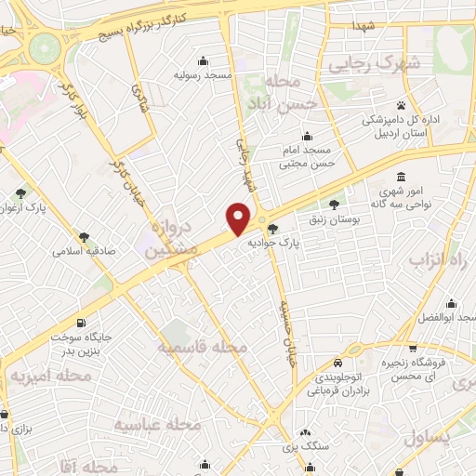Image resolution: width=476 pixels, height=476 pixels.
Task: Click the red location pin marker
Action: point(240,218)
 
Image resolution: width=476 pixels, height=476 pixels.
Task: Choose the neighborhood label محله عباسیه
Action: point(157,424)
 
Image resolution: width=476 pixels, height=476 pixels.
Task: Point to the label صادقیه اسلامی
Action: point(83,251)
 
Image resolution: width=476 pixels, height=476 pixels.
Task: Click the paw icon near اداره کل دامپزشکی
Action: point(401,105)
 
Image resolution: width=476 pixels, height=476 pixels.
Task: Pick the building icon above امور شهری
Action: point(401,177)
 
